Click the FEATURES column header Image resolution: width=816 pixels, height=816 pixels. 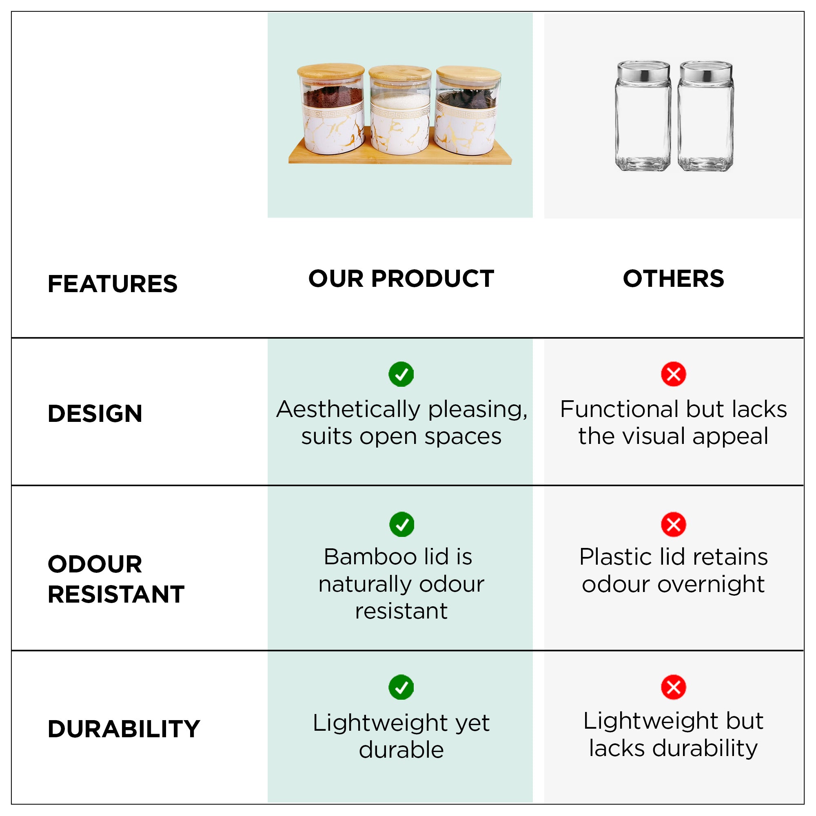pyautogui.click(x=112, y=284)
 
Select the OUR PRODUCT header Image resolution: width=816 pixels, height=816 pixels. pyautogui.click(x=401, y=279)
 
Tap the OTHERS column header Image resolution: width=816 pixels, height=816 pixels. pyautogui.click(x=673, y=279)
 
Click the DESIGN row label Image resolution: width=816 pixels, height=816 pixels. pyautogui.click(x=95, y=413)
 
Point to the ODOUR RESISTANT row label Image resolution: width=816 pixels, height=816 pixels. pyautogui.click(x=116, y=579)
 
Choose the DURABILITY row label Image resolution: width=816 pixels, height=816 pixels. pyautogui.click(x=124, y=729)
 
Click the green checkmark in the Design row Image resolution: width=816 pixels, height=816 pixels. pyautogui.click(x=401, y=374)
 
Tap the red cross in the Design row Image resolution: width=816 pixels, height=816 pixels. pyautogui.click(x=673, y=374)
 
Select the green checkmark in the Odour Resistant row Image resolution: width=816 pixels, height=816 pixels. pyautogui.click(x=401, y=525)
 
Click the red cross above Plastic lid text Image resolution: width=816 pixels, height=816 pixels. pyautogui.click(x=673, y=525)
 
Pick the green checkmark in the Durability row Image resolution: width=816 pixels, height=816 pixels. pyautogui.click(x=401, y=687)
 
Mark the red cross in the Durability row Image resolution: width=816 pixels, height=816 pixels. pyautogui.click(x=673, y=687)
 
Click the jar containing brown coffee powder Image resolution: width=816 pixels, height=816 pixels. pyautogui.click(x=331, y=109)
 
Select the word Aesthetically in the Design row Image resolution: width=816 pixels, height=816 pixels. pyautogui.click(x=348, y=410)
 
